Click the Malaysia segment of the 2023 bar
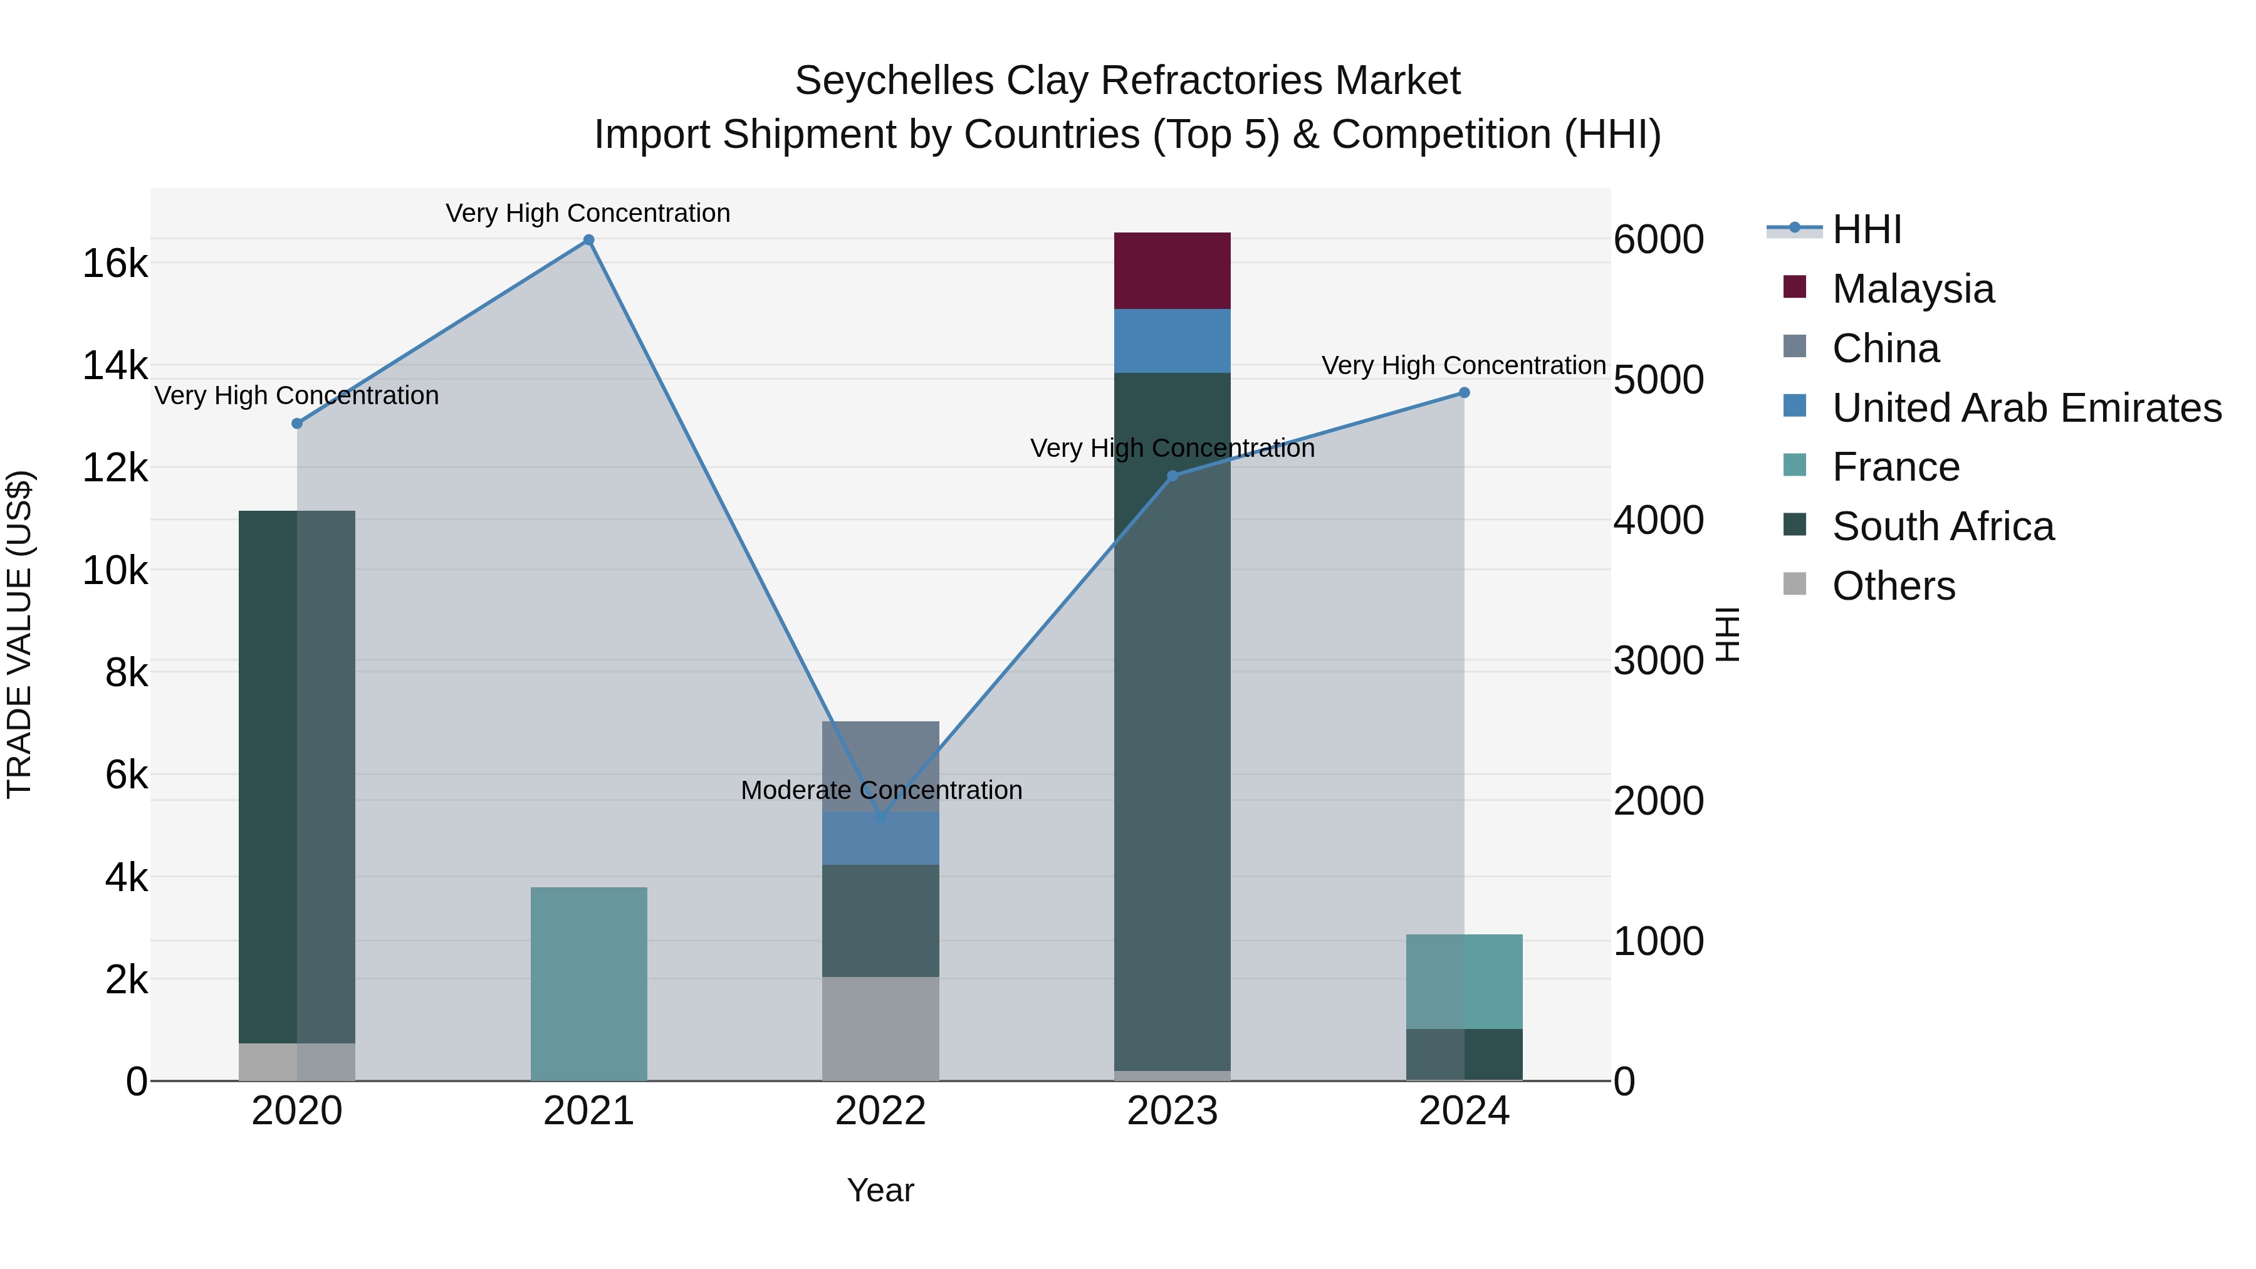(1172, 271)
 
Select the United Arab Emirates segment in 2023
(1172, 341)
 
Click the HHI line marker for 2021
(588, 240)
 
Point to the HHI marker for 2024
(1463, 393)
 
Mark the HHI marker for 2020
(297, 424)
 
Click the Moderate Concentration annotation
(881, 790)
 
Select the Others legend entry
(1893, 587)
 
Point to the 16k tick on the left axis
(115, 263)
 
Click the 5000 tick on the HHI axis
(1658, 380)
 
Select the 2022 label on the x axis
(880, 1111)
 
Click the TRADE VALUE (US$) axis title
(20, 634)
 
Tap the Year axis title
(880, 1190)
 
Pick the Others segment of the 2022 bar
(880, 1028)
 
